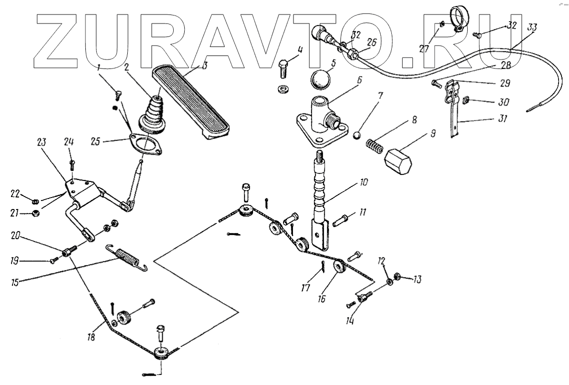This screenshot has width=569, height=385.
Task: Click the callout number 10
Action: tap(363, 183)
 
